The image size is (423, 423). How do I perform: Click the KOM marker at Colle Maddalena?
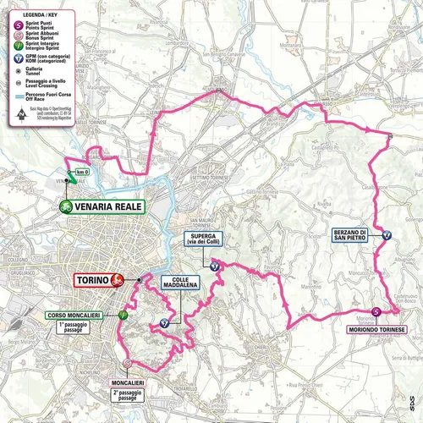click(165, 322)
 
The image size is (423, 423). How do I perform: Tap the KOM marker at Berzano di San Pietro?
click(387, 235)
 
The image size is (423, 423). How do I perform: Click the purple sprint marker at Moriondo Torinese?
click(376, 311)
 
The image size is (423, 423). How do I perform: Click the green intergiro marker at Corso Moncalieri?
click(124, 314)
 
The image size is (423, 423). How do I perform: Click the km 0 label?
click(81, 173)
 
